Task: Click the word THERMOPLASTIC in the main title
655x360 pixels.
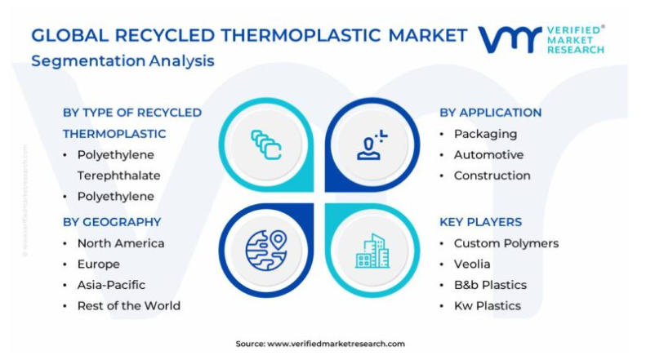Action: coord(301,35)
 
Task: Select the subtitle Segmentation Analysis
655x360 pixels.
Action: coord(123,61)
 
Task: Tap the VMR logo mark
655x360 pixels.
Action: coord(510,40)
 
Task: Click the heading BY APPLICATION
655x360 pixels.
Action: coord(490,113)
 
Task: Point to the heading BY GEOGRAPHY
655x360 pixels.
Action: coord(112,222)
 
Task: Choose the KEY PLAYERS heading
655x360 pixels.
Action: coord(481,222)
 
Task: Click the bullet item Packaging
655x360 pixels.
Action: coord(485,134)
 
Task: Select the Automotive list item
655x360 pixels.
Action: coord(488,154)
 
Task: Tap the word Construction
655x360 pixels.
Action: coord(492,176)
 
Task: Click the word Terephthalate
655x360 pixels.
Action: coord(118,176)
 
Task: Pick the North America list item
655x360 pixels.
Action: coord(121,243)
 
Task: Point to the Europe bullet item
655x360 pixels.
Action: coord(99,264)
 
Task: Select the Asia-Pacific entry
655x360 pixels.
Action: coord(111,285)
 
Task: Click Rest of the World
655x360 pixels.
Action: coord(129,305)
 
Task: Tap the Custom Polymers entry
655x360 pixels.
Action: coord(506,243)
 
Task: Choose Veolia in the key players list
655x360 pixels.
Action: coord(472,264)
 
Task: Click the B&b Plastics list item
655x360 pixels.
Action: coord(490,285)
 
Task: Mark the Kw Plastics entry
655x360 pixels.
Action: coord(488,305)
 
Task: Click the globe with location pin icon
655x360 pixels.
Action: coord(266,251)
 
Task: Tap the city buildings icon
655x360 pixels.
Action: coord(372,251)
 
